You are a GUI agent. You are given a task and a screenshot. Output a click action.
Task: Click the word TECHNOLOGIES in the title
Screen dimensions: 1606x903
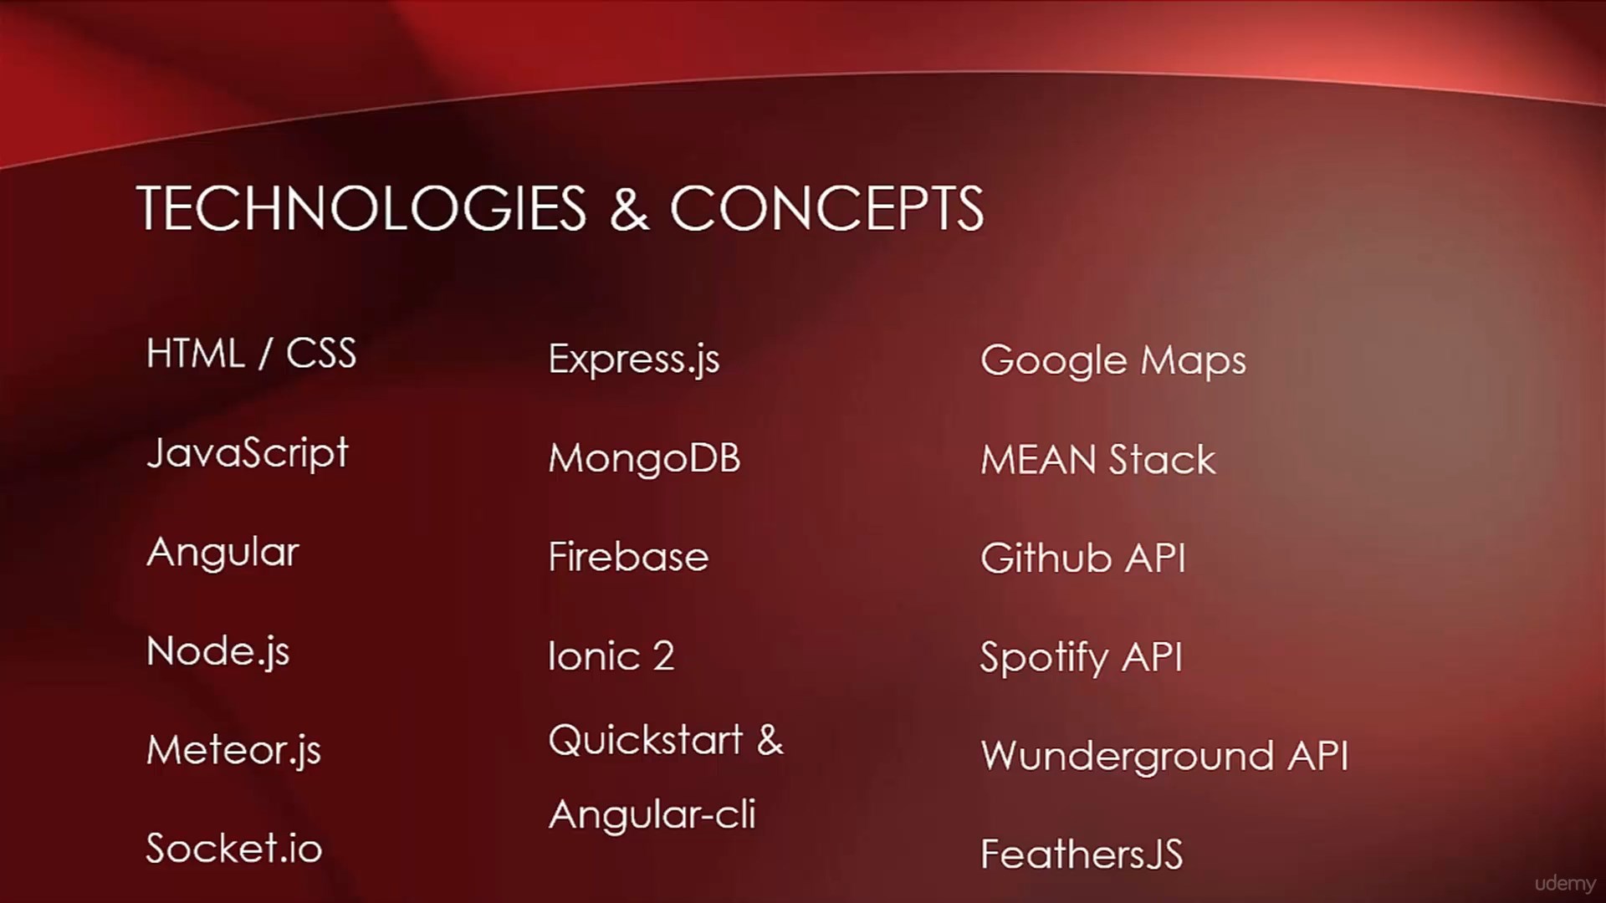(x=361, y=208)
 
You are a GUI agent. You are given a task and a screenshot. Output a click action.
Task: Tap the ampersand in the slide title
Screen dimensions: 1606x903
(x=629, y=209)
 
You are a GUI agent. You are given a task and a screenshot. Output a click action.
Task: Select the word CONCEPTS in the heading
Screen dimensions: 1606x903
(x=826, y=208)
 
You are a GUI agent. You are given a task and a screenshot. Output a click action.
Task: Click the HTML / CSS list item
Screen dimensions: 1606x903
(x=251, y=353)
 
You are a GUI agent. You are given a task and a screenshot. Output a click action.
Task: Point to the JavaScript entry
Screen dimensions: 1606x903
(x=248, y=453)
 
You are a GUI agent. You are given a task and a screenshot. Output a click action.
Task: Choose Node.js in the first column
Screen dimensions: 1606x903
(x=218, y=651)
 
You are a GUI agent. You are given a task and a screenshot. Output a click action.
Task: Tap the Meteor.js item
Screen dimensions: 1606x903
(x=233, y=750)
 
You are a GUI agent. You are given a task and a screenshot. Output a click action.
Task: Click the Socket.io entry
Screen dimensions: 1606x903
(x=234, y=848)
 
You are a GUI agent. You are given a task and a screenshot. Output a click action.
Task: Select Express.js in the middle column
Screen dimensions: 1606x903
(x=634, y=360)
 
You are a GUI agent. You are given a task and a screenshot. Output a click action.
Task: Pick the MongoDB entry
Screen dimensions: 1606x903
(x=644, y=458)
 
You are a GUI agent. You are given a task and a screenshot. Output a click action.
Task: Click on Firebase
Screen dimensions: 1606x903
(x=628, y=557)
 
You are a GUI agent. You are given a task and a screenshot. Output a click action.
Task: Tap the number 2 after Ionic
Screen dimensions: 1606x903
(x=663, y=656)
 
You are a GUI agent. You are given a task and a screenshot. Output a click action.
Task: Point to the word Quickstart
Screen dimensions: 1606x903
(x=646, y=740)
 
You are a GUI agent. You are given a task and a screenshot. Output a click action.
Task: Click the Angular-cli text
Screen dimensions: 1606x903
(x=652, y=814)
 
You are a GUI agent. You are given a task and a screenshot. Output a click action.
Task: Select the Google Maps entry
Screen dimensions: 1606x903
(x=1113, y=361)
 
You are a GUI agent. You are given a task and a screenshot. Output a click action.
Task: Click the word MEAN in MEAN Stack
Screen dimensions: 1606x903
(x=1038, y=460)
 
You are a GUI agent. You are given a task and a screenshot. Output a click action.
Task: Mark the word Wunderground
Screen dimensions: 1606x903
(x=1126, y=757)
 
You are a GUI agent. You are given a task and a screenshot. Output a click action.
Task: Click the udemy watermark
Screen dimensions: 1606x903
(x=1565, y=884)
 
